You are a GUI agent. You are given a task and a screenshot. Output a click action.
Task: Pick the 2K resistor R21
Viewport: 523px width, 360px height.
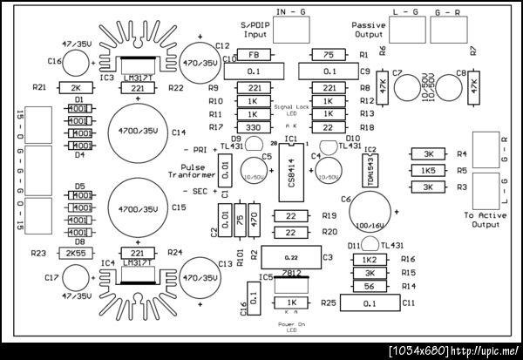tap(75, 88)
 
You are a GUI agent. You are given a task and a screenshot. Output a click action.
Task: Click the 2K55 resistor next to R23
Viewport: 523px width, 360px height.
tap(75, 253)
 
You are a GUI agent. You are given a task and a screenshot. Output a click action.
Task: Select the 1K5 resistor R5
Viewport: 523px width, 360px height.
tap(429, 170)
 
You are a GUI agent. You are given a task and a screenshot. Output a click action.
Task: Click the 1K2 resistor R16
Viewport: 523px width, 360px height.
tap(370, 259)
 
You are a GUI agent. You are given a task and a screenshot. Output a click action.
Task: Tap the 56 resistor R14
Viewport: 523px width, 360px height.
tap(370, 285)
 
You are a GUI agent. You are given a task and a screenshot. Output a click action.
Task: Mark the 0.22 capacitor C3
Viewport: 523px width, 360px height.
tap(291, 256)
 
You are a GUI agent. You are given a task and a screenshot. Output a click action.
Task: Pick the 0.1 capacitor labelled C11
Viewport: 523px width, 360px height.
tap(370, 302)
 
